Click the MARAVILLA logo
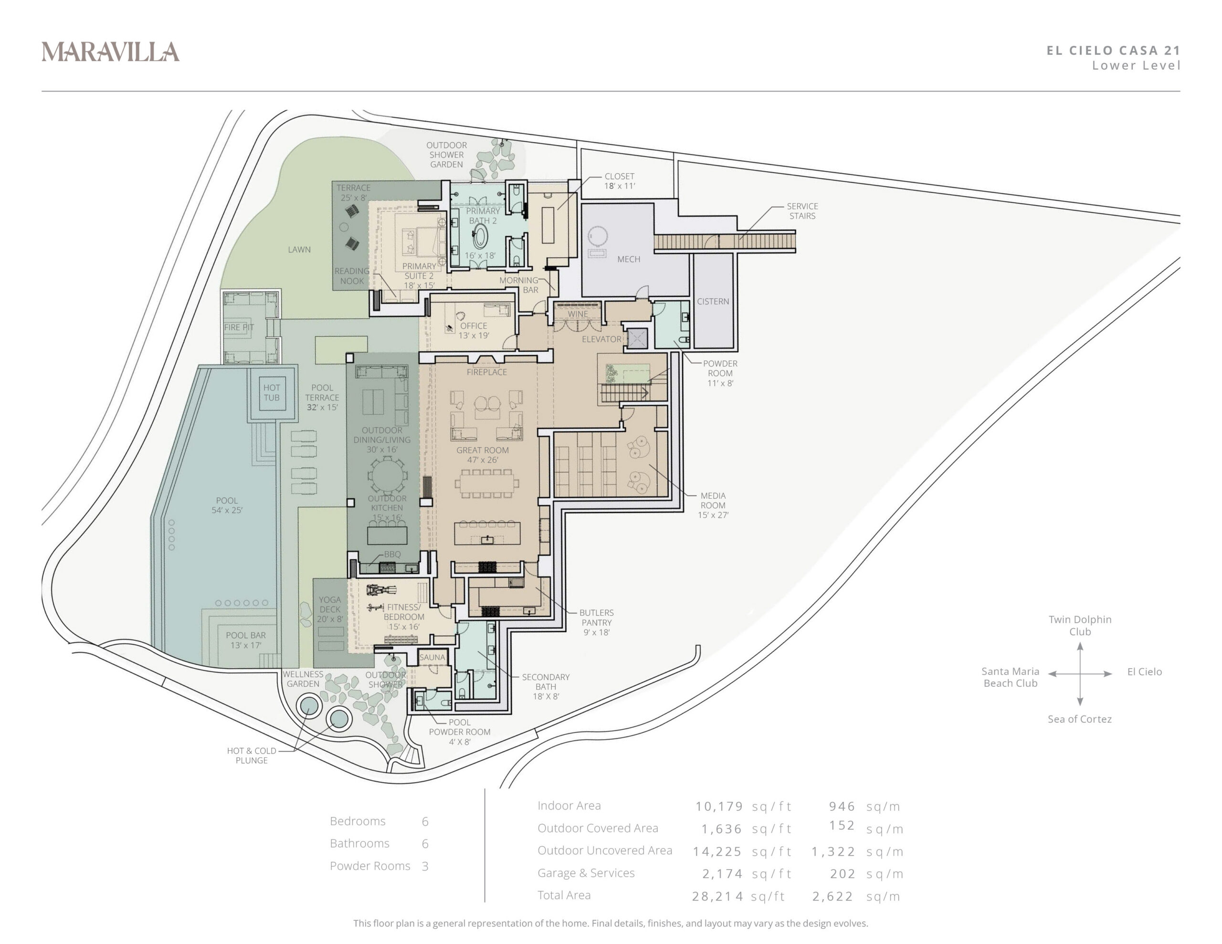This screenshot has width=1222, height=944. point(110,52)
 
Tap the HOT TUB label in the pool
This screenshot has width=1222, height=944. point(272,392)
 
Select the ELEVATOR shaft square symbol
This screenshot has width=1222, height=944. point(637,338)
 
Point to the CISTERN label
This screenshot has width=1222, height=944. point(713,302)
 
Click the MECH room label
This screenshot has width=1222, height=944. point(628,259)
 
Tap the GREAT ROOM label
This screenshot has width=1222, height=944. point(482,450)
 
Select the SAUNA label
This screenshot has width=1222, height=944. point(432,658)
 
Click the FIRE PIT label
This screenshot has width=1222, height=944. point(239,327)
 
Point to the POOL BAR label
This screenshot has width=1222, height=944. point(246,635)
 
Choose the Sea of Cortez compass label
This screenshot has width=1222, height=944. point(1079,719)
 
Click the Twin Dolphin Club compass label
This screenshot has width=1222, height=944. point(1080,626)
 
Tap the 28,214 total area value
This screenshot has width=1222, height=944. point(717,896)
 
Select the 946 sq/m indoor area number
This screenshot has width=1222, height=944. point(842,807)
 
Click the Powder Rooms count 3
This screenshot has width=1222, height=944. point(425,866)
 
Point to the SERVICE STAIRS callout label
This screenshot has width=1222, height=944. point(802,211)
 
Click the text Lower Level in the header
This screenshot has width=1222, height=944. point(1136,65)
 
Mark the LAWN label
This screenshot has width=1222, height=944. point(299,250)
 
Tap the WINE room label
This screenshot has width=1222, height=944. point(578,314)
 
